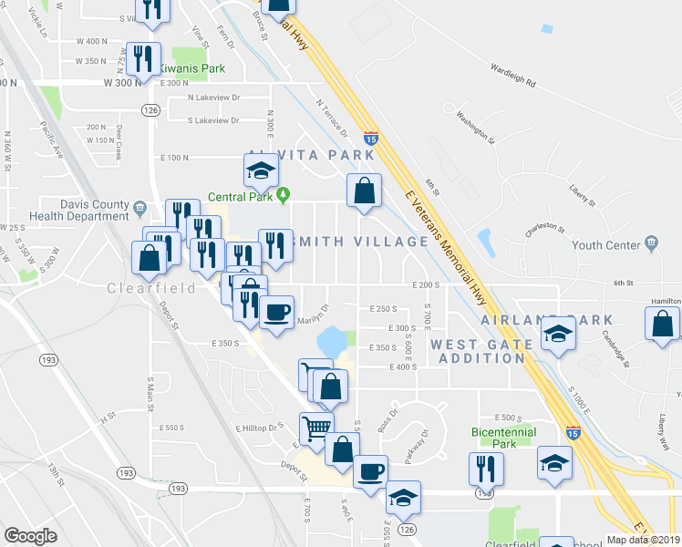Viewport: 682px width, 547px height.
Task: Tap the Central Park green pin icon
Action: [x=284, y=193]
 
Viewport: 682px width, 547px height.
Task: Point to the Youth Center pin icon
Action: [x=650, y=243]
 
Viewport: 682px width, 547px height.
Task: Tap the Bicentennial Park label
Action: [x=502, y=438]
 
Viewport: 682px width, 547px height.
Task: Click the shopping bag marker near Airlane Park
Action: [x=662, y=324]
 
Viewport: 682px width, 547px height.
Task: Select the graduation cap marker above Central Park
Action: [x=261, y=169]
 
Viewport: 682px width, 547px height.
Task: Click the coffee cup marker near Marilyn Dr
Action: [x=277, y=311]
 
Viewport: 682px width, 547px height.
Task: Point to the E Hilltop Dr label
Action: [x=262, y=427]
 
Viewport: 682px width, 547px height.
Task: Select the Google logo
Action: [x=30, y=535]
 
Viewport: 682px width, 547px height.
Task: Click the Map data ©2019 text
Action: [x=645, y=539]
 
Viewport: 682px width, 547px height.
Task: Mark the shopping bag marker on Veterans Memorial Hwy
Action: [x=364, y=191]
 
